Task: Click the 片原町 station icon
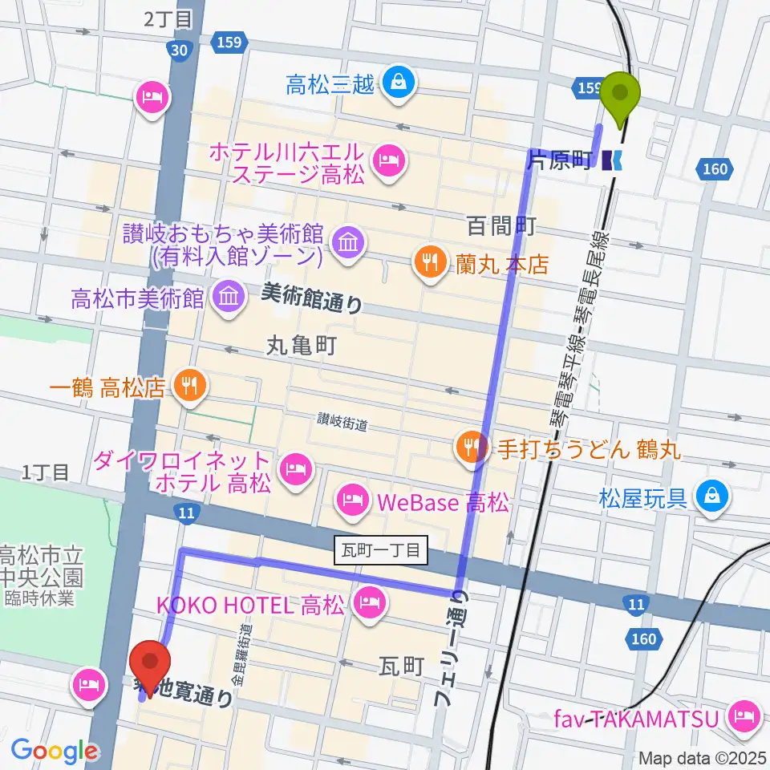coord(614,160)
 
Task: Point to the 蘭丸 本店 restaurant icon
coord(427,261)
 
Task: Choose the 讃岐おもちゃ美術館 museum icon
coord(349,240)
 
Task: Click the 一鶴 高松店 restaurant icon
coord(188,389)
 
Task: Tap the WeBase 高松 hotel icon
coord(352,502)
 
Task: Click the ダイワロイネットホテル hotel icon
coord(296,472)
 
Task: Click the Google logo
coord(54,751)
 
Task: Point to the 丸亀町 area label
coord(301,346)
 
